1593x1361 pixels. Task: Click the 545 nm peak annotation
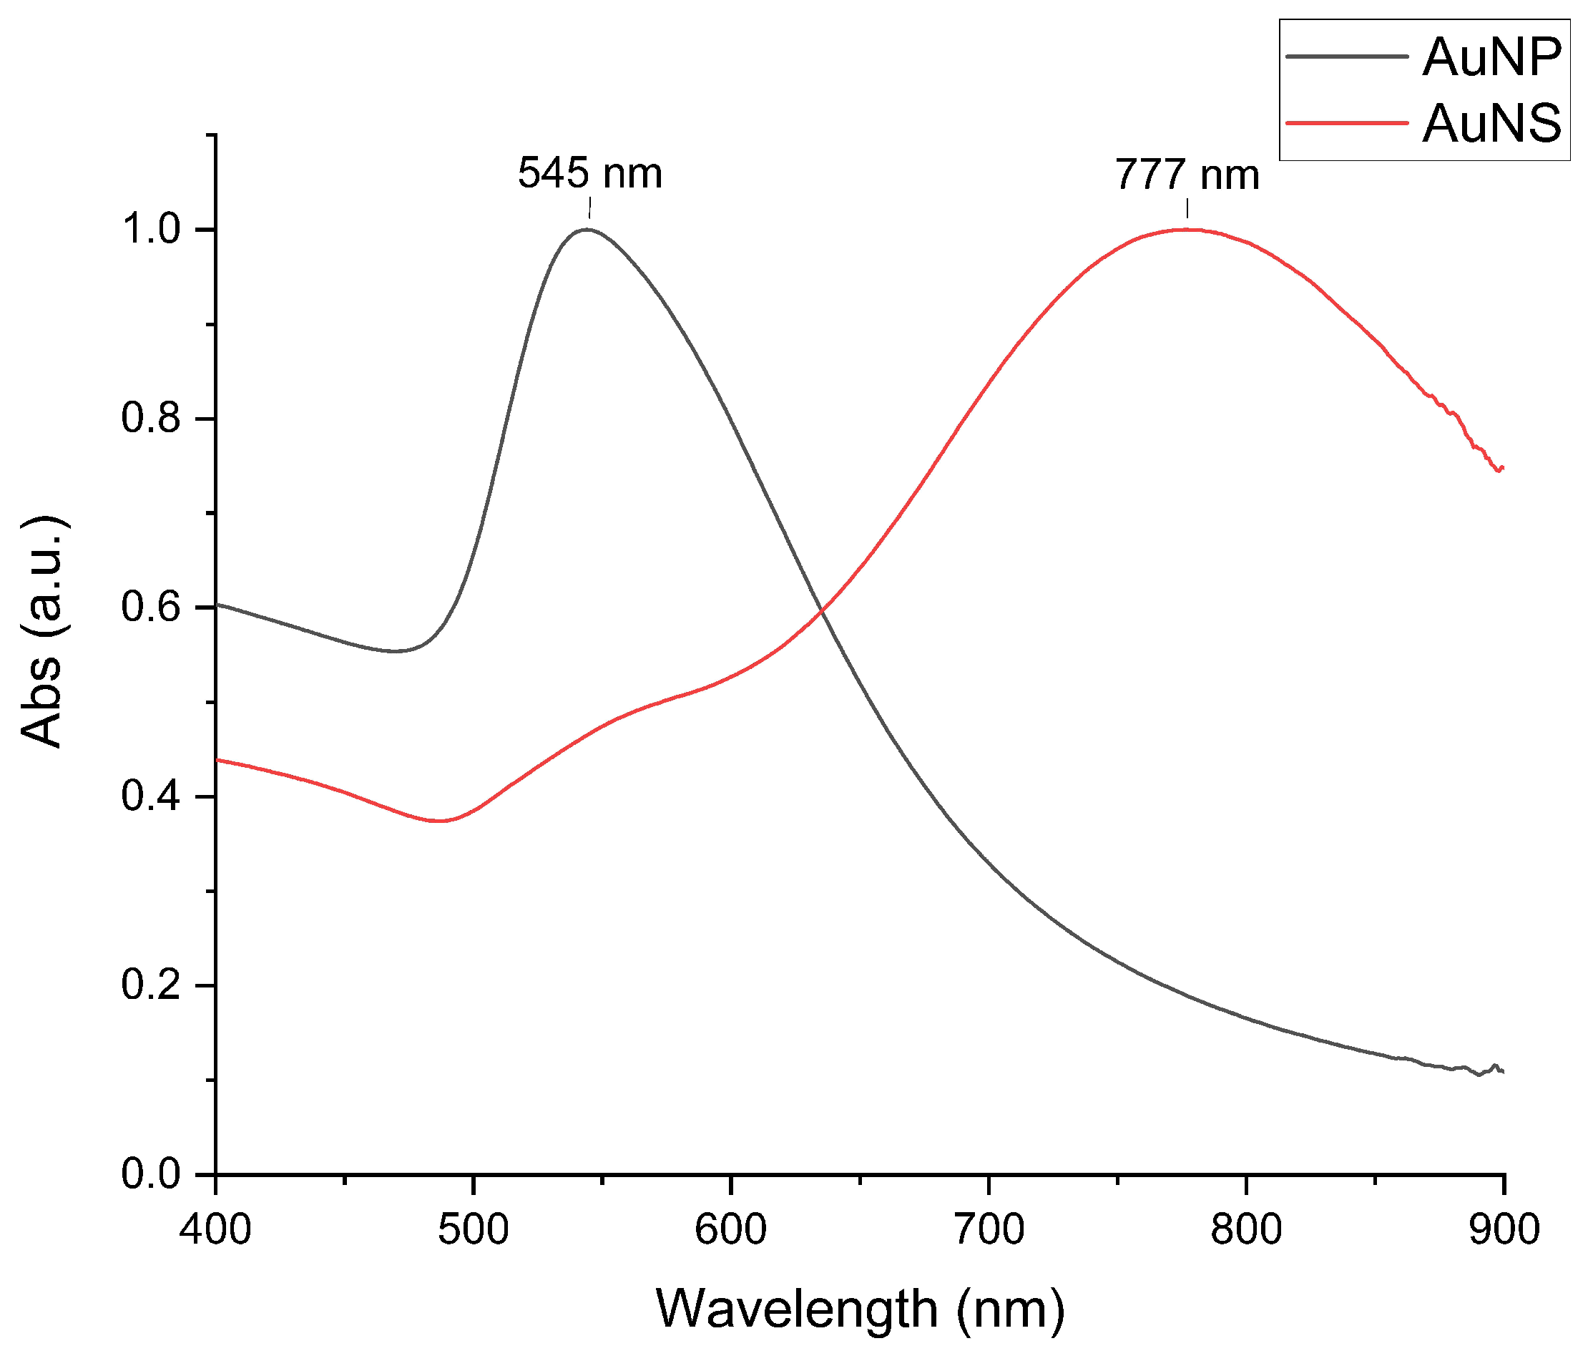tap(589, 174)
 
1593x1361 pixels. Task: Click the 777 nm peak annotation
tap(1187, 175)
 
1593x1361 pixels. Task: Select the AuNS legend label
tap(1491, 123)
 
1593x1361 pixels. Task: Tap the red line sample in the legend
tap(1346, 123)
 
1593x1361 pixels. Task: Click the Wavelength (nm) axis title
tap(860, 1309)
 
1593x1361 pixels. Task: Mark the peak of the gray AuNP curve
tap(587, 229)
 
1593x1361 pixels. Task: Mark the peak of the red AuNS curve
tap(1187, 229)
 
